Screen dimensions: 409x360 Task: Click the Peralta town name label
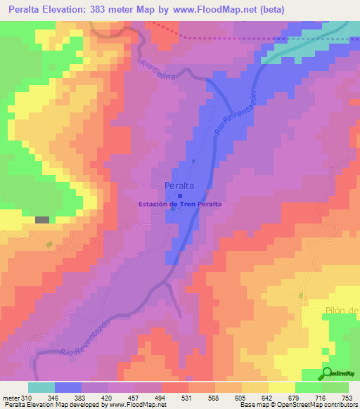tap(179, 186)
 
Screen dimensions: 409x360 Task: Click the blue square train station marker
tap(180, 197)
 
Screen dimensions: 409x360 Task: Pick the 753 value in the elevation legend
tap(346, 397)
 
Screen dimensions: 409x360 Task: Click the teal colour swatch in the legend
tap(41, 387)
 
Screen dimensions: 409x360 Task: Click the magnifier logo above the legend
tap(328, 374)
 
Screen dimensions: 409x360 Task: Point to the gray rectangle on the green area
tap(42, 220)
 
